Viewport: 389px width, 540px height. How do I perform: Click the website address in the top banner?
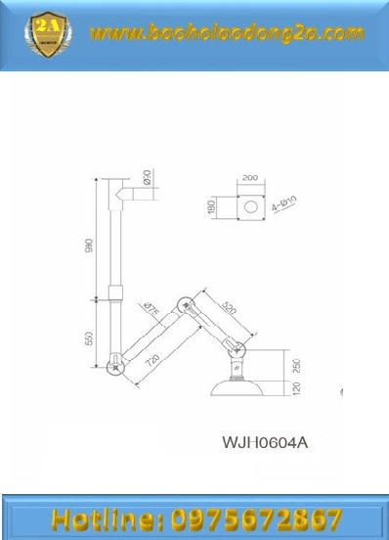click(x=226, y=34)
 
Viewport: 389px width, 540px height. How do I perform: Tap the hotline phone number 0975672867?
click(x=256, y=517)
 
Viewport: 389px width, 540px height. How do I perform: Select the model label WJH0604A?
click(x=266, y=441)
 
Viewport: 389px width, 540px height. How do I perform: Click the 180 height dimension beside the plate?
click(x=210, y=207)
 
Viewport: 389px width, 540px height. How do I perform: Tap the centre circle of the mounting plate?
click(x=251, y=207)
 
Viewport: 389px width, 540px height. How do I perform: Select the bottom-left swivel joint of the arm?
click(x=116, y=366)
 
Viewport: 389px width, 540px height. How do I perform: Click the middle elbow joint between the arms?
click(x=183, y=302)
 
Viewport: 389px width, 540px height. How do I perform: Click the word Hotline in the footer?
click(x=108, y=517)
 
